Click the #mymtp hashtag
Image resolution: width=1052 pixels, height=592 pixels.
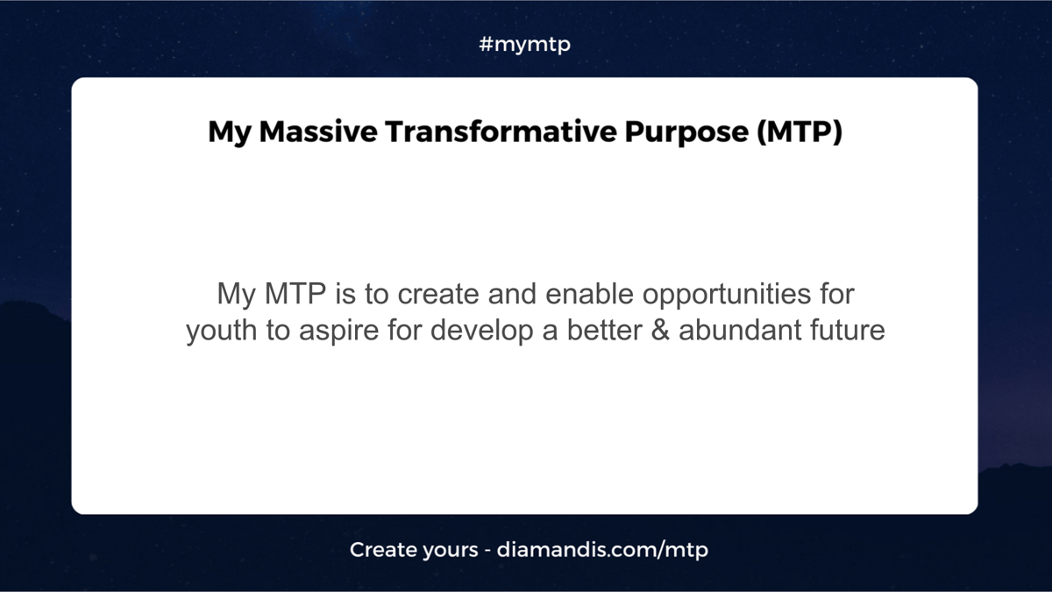(525, 45)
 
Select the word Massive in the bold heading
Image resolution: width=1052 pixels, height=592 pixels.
(318, 132)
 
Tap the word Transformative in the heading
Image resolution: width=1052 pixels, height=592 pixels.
(501, 132)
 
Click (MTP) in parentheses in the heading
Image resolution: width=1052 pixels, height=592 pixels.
(800, 132)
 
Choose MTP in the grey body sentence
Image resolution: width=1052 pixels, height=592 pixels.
(295, 294)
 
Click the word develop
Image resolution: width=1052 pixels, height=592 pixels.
(482, 332)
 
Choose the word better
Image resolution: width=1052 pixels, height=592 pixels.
(605, 330)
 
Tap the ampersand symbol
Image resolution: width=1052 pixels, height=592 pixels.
(660, 330)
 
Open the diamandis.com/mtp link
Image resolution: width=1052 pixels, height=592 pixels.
(602, 550)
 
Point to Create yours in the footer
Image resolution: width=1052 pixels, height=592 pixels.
(414, 550)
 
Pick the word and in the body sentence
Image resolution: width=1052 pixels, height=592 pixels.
(512, 294)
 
